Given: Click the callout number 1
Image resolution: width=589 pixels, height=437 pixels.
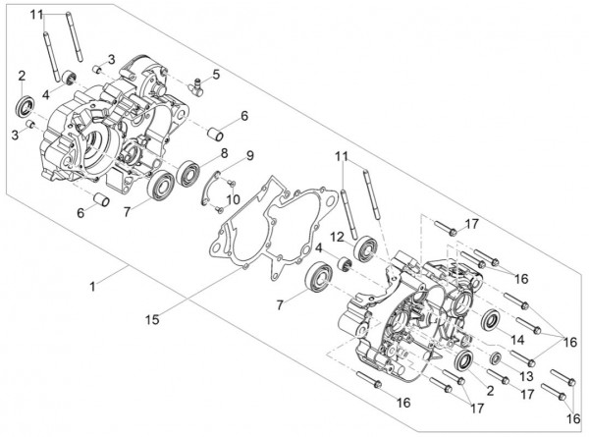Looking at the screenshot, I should pos(93,286).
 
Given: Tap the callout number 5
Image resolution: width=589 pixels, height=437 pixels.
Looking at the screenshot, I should pos(215,73).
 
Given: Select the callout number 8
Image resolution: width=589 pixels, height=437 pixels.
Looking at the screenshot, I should pos(224,153).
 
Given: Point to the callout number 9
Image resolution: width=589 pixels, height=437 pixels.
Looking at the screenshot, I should pos(249,155).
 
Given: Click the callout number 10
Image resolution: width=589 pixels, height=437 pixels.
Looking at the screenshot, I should pos(233,200).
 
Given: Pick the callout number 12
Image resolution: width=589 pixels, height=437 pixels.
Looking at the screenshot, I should pos(335,237).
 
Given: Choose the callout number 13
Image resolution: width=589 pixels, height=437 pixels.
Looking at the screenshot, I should pos(526,377).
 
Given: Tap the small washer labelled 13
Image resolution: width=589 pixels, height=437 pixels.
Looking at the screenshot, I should pos(496,356).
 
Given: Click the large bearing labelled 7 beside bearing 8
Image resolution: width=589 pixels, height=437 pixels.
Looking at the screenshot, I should pos(158,185).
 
